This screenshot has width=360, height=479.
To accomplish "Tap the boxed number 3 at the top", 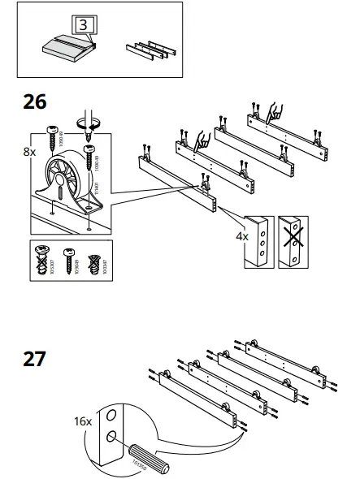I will coord(85,24).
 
